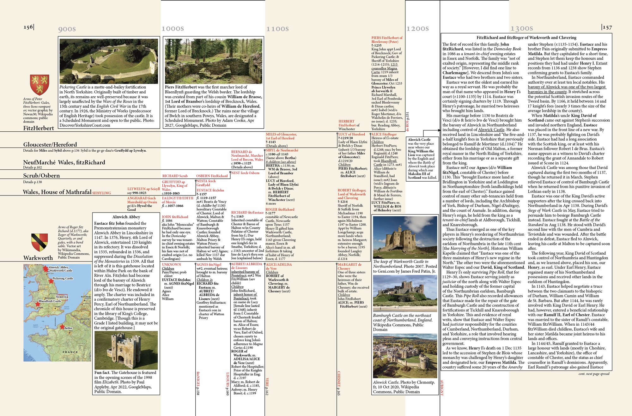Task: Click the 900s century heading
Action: click(x=67, y=29)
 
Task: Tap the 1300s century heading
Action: click(x=521, y=29)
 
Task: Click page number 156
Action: click(x=28, y=27)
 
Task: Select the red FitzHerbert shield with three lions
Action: click(x=39, y=85)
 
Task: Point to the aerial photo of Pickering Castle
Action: click(x=109, y=61)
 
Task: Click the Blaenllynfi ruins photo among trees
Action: click(x=213, y=61)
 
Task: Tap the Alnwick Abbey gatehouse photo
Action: click(x=126, y=350)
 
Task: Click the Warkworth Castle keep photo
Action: click(x=405, y=237)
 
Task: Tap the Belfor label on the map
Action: click(x=68, y=328)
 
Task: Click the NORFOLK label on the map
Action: click(x=62, y=297)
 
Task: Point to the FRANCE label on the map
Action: click(x=70, y=352)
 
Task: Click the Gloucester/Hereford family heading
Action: click(x=50, y=145)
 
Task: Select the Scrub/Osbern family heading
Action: click(x=41, y=176)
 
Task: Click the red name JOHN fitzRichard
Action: click(x=175, y=217)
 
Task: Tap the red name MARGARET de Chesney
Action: click(x=349, y=266)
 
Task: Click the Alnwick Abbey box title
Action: click(x=126, y=217)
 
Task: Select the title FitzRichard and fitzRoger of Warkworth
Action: click(x=526, y=38)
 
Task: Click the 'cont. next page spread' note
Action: click(x=594, y=374)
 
